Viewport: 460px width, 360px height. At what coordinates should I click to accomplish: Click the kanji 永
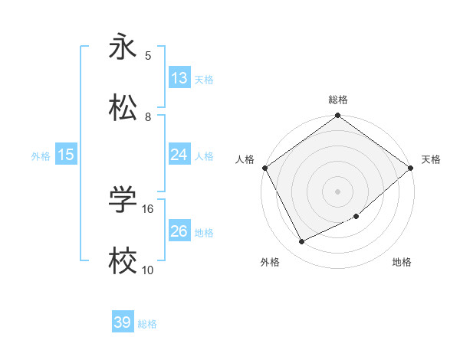pos(123,46)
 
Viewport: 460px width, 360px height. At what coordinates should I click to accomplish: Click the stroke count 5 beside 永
pos(148,55)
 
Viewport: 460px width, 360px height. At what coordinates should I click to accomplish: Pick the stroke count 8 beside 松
pos(148,116)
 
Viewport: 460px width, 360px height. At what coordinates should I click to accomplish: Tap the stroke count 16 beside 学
pos(149,208)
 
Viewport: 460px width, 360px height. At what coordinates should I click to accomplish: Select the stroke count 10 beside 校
pos(148,270)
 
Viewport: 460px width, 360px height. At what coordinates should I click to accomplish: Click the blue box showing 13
pos(179,78)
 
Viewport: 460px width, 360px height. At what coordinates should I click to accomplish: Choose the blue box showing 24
pos(179,155)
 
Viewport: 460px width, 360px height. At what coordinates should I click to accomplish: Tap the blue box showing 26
pos(179,231)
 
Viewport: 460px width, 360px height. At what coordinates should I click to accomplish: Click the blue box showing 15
pos(66,155)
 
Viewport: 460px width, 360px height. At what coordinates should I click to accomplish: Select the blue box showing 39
pos(123,322)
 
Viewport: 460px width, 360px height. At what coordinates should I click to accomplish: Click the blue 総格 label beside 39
pos(147,324)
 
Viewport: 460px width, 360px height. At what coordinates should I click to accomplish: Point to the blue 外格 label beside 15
pos(41,156)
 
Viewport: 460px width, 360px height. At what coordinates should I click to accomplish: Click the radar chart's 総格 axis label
pos(338,100)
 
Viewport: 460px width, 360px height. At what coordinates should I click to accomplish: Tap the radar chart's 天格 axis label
pos(431,159)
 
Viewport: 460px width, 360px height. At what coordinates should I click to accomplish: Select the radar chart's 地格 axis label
pos(402,263)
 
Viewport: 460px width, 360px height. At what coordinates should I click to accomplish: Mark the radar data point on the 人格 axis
pos(264,168)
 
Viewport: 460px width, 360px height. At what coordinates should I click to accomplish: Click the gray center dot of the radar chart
pos(338,191)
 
